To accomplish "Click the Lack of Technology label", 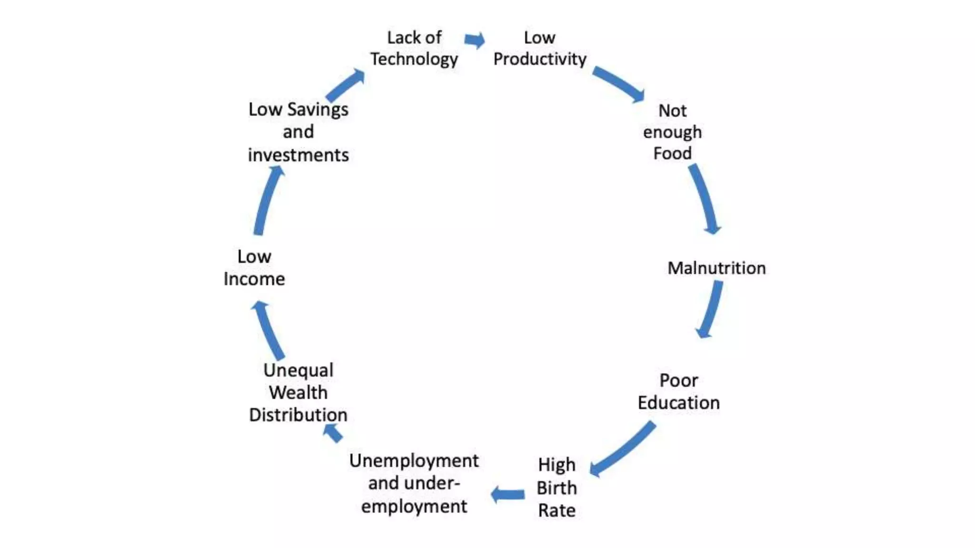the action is pos(414,48).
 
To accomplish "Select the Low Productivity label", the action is pos(539,48).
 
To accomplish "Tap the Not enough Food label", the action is pos(672,132).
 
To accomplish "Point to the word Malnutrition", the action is pos(716,268).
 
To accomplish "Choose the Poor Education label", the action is pos(678,391).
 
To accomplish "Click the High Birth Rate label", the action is pos(557,487).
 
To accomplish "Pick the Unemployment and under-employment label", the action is pos(414,483).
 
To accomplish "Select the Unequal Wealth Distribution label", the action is pos(298,392).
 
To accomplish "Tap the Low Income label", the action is pos(254,267).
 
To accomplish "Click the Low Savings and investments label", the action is pos(298,132).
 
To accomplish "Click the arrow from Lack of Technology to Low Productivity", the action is pos(475,40).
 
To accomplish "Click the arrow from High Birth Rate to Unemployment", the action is pos(508,495).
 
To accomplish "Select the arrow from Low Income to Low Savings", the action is pos(267,200).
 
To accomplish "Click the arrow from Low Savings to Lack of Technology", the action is pos(346,85).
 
